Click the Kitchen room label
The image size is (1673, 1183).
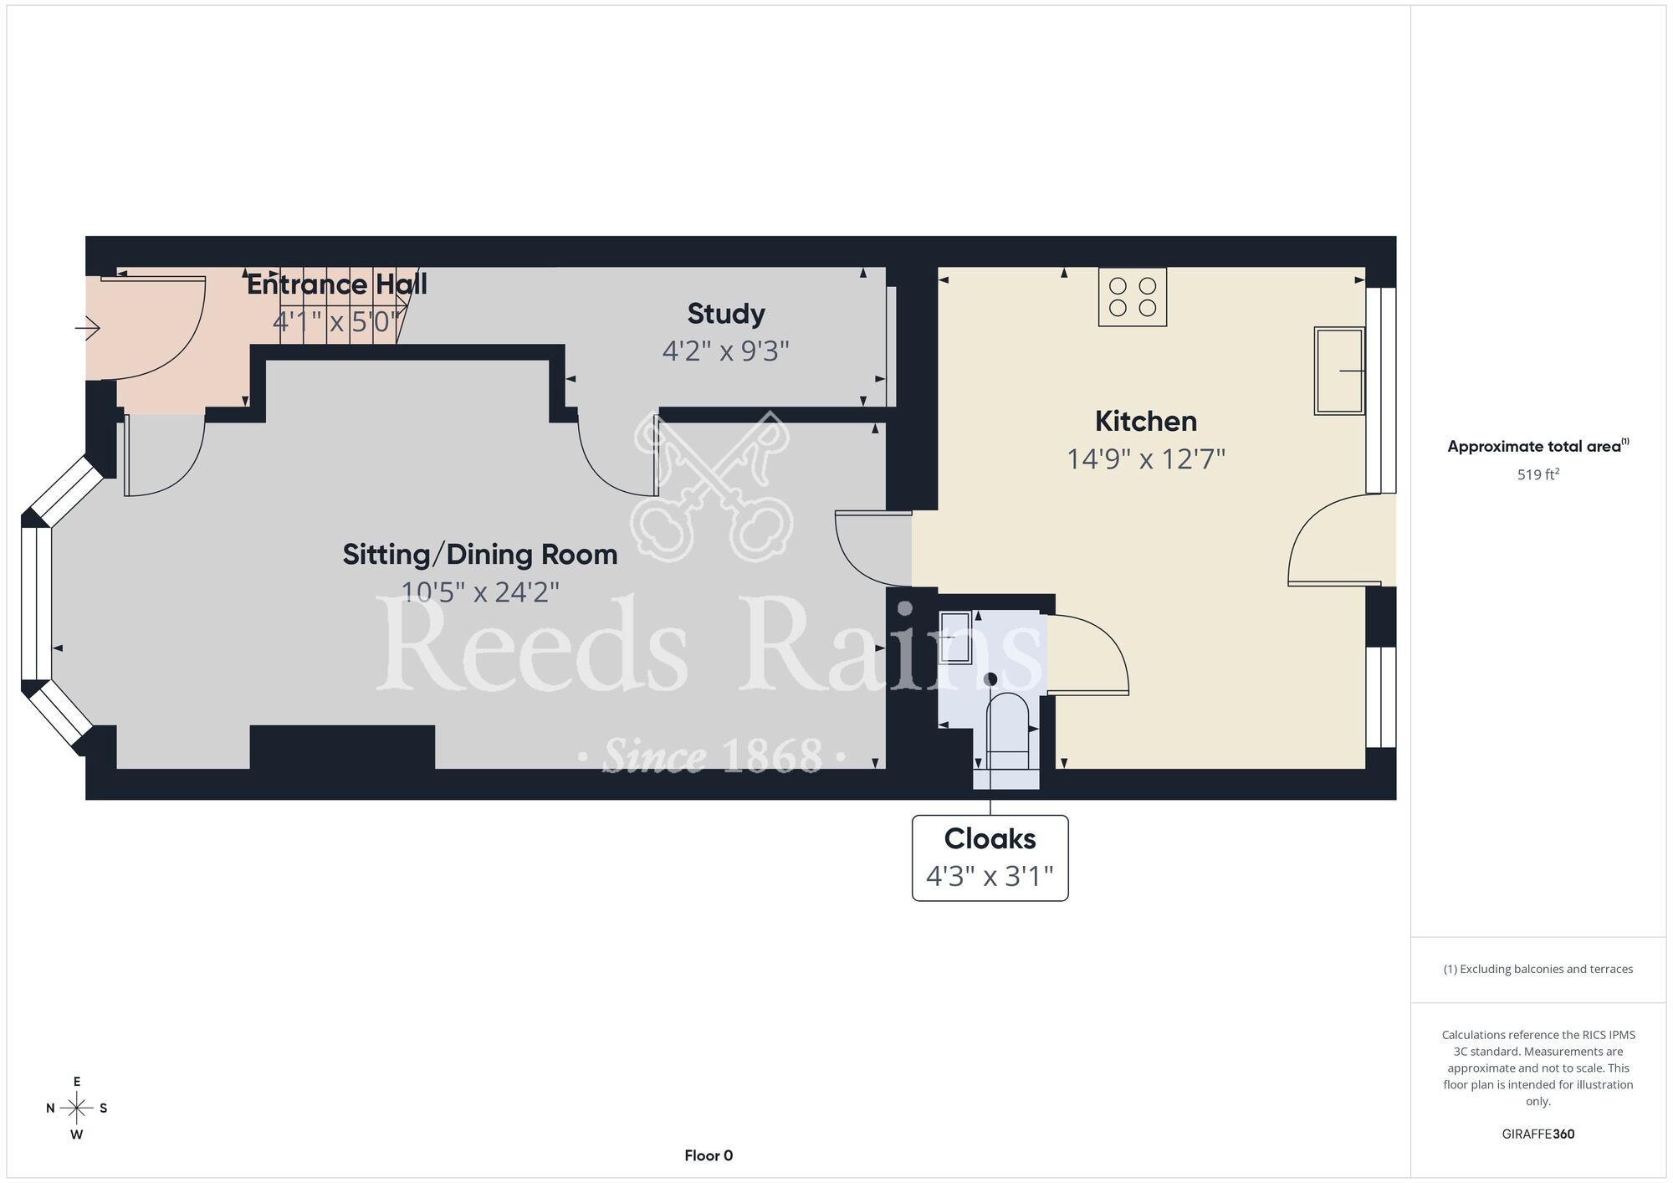coord(1145,421)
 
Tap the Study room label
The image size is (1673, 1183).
coord(726,314)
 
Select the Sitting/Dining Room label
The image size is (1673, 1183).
coord(480,554)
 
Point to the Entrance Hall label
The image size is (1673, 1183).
coord(337,284)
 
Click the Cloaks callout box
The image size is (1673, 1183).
coord(990,858)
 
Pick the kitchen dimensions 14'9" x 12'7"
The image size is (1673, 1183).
coord(1145,458)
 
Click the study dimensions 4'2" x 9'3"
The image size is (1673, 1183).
coord(726,351)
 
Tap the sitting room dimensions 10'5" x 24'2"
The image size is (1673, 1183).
coord(480,592)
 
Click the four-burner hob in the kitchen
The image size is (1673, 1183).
coord(1133,297)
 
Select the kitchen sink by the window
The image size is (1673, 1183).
coord(1339,371)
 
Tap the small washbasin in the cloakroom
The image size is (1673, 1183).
coord(955,638)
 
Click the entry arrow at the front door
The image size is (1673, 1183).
coord(88,328)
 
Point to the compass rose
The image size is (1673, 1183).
coord(77,1109)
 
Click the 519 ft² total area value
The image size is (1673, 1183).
coord(1538,474)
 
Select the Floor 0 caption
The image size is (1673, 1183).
coord(709,1155)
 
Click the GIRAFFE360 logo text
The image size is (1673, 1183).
coord(1538,1134)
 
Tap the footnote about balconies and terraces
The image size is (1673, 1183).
coord(1538,969)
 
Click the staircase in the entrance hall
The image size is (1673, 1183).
coord(343,305)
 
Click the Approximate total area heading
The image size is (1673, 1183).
coord(1538,446)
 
